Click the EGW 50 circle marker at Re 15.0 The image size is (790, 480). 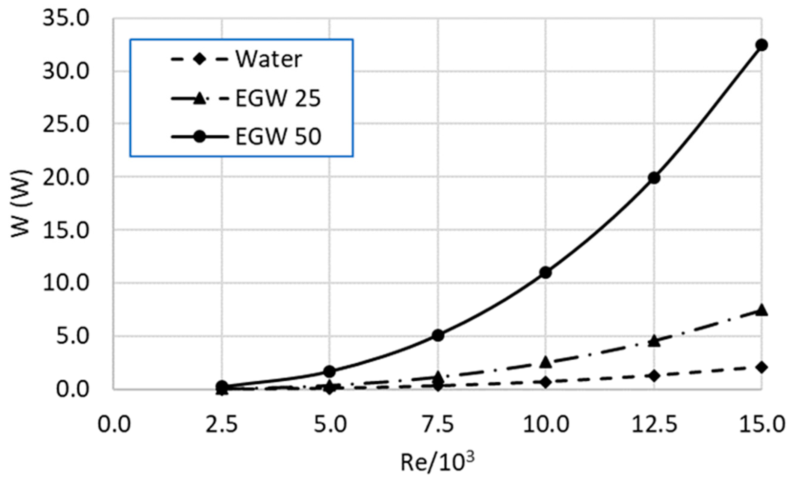pyautogui.click(x=762, y=45)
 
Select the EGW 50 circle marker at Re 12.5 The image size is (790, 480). pyautogui.click(x=654, y=178)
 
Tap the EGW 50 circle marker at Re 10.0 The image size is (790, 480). pyautogui.click(x=546, y=273)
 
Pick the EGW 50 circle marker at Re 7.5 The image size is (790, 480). pyautogui.click(x=438, y=335)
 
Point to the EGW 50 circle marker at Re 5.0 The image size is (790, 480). pyautogui.click(x=330, y=371)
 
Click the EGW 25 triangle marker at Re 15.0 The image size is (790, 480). pyautogui.click(x=762, y=310)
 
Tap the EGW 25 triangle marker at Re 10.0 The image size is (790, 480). pyautogui.click(x=546, y=362)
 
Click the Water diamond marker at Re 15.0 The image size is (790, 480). pyautogui.click(x=762, y=367)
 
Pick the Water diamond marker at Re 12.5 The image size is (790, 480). pyautogui.click(x=654, y=376)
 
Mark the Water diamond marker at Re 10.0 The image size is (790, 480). pyautogui.click(x=546, y=382)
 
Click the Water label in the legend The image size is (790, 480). pyautogui.click(x=269, y=60)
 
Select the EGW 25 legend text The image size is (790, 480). pyautogui.click(x=278, y=98)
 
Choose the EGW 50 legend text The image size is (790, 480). pyautogui.click(x=278, y=137)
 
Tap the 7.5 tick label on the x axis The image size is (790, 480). pyautogui.click(x=438, y=425)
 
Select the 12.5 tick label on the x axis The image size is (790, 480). pyautogui.click(x=654, y=425)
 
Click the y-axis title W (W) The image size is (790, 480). pyautogui.click(x=22, y=204)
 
